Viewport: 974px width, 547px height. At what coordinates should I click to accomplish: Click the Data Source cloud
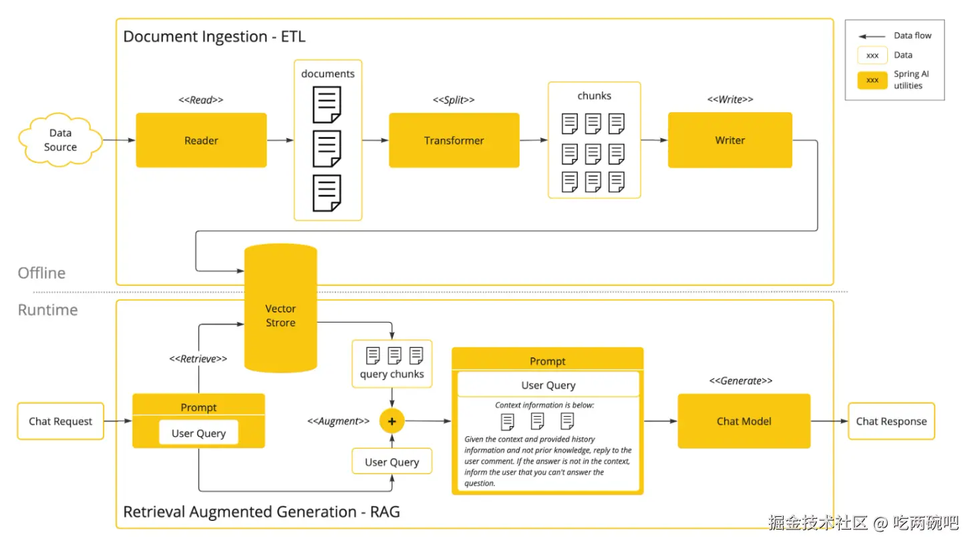[x=60, y=140]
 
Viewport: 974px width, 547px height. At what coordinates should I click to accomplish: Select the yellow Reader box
[x=201, y=140]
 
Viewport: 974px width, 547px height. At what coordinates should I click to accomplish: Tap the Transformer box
[x=454, y=140]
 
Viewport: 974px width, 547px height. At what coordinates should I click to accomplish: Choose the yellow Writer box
[x=729, y=140]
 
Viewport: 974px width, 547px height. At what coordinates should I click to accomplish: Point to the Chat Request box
[x=60, y=421]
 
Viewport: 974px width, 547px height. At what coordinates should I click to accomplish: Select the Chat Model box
[x=744, y=421]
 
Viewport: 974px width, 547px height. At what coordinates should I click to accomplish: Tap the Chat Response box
[x=891, y=421]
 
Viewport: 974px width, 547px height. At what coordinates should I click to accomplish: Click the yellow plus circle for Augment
[x=392, y=421]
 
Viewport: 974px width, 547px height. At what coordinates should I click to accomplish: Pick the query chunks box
[x=392, y=364]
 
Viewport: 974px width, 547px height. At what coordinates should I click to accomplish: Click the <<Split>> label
[x=454, y=100]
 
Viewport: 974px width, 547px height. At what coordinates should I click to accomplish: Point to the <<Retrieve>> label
[x=198, y=359]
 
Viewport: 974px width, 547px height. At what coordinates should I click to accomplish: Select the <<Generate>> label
[x=741, y=381]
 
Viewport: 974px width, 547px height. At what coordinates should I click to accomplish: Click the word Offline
[x=41, y=273]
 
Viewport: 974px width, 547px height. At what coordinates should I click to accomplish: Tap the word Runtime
[x=47, y=310]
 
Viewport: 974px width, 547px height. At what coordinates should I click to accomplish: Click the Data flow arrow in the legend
[x=872, y=36]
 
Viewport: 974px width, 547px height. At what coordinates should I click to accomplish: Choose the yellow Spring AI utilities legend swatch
[x=872, y=80]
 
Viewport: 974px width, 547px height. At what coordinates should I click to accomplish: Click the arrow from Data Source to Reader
[x=119, y=140]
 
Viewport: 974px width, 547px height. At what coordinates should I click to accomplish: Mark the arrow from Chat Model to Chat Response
[x=829, y=421]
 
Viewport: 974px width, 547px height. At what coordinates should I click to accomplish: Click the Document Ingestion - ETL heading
[x=214, y=37]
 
